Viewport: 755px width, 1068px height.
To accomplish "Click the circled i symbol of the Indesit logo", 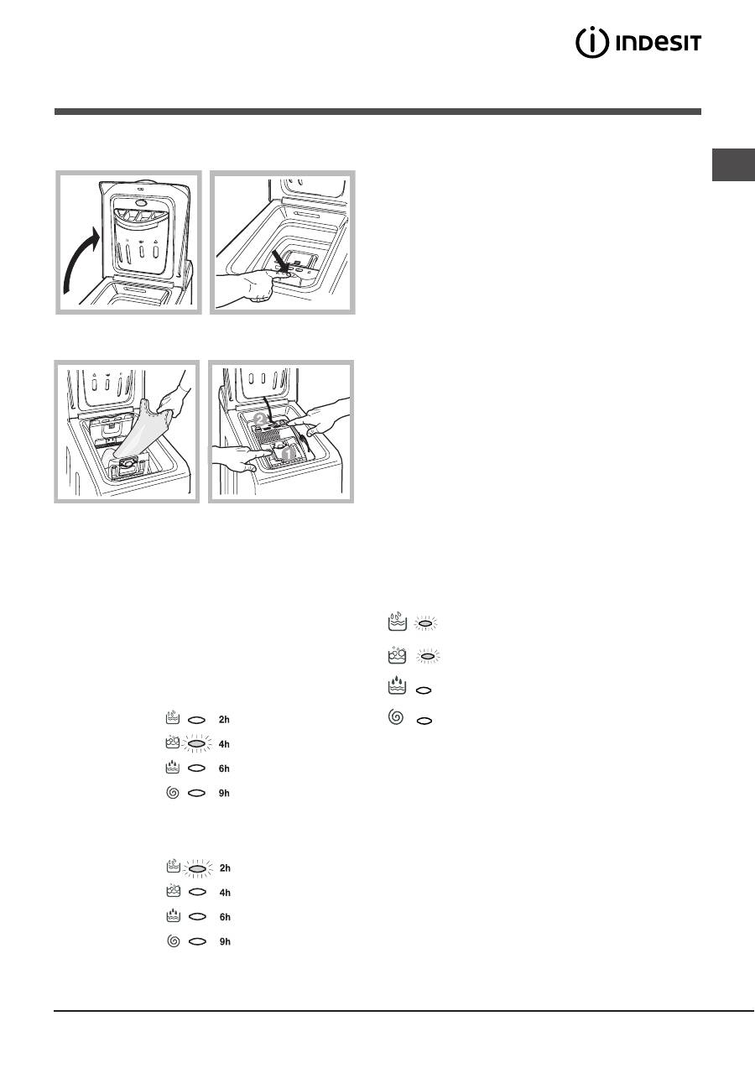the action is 591,43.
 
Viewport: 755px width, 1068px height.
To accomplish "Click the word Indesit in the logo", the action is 659,44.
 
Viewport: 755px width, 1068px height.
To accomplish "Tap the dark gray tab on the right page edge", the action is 733,165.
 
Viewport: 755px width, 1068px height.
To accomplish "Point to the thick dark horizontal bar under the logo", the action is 377,112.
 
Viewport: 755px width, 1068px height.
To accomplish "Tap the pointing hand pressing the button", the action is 253,284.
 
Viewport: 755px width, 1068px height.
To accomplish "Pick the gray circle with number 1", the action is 288,454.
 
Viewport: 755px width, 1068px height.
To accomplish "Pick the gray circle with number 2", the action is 260,419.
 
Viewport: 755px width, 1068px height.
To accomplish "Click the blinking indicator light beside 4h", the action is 197,743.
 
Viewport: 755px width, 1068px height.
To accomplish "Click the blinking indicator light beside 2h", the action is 197,867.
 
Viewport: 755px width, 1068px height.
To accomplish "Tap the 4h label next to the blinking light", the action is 224,744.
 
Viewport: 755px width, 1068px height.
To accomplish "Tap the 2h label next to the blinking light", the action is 225,867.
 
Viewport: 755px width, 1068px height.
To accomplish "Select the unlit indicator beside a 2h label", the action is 197,720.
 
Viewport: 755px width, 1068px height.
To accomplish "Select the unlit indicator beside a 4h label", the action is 197,892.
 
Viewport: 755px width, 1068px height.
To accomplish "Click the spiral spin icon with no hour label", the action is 396,716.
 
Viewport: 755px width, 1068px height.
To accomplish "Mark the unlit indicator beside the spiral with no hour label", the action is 424,721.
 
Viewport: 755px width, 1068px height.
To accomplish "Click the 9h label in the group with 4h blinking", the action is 224,793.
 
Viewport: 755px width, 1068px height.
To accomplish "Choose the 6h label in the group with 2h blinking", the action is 225,917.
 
